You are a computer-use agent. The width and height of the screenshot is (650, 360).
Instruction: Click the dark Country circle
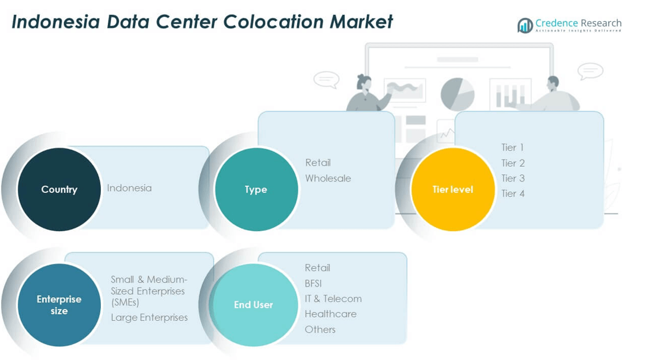tap(59, 189)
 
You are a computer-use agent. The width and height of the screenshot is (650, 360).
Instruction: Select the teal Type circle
tap(256, 189)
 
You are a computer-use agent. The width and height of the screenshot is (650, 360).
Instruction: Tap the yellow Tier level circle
tap(453, 189)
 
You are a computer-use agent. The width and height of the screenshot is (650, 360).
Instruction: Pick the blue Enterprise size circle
tap(59, 305)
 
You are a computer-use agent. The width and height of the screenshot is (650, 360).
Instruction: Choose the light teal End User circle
tap(254, 305)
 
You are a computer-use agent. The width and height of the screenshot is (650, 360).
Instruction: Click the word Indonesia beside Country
tap(129, 188)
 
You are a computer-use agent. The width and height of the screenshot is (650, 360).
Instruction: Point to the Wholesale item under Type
tap(328, 178)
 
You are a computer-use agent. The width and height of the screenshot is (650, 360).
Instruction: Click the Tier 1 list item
tap(512, 147)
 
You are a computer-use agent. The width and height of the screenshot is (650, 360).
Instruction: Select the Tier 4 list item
tap(512, 193)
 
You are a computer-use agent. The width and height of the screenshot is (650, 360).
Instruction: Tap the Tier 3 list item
tap(512, 178)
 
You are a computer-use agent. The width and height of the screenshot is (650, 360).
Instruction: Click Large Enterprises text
tap(149, 317)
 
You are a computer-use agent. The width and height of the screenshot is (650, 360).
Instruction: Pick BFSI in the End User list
tap(313, 283)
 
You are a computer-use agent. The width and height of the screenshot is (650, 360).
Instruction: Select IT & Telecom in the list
tap(333, 298)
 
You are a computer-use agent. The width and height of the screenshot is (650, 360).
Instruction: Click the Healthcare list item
tap(330, 314)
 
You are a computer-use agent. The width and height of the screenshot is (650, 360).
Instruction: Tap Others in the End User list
tap(320, 329)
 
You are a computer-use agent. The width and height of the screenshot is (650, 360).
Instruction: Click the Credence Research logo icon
tap(525, 25)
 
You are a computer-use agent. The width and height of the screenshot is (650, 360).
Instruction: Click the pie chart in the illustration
tap(457, 94)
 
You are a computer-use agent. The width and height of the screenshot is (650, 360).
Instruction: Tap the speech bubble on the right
tap(590, 71)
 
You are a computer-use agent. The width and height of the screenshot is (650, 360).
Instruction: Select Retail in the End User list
tap(317, 268)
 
